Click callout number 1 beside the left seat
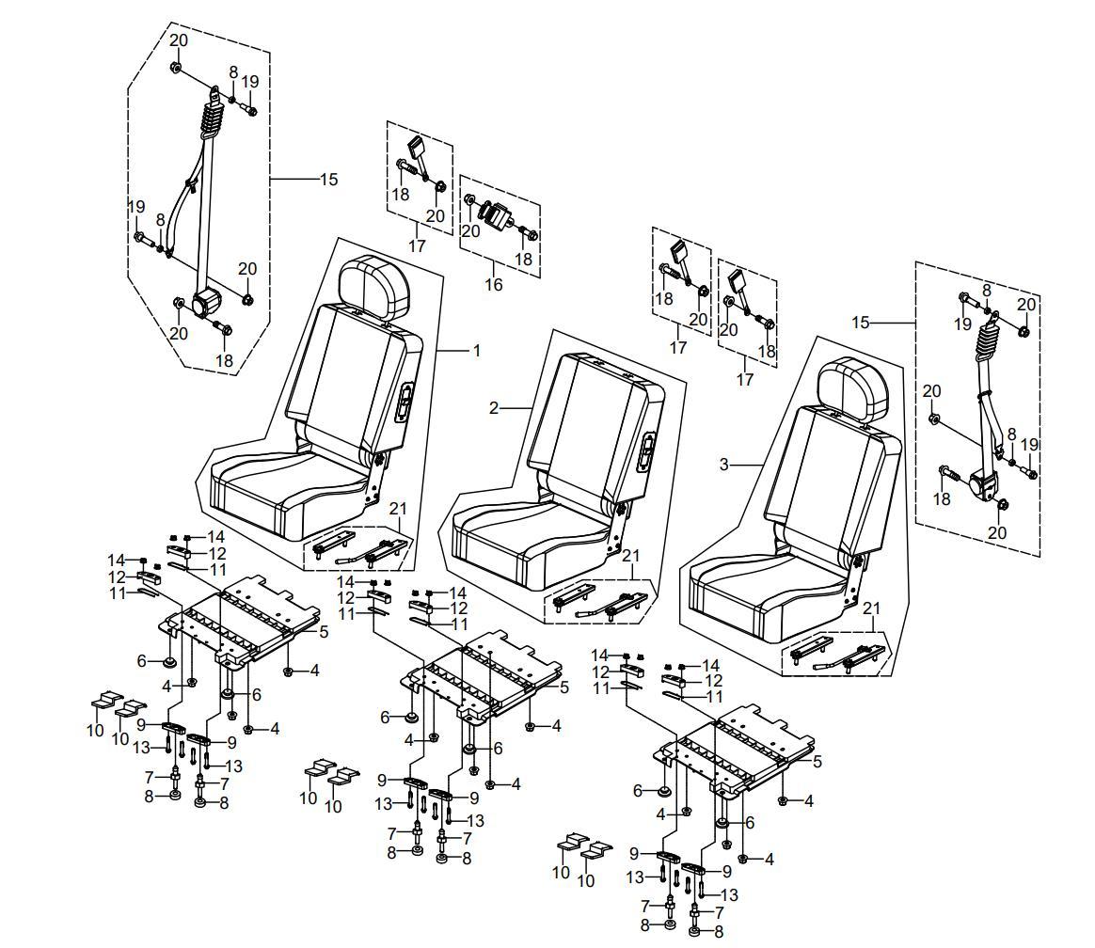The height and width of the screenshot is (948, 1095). (x=476, y=351)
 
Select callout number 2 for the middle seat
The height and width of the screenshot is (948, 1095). (x=494, y=408)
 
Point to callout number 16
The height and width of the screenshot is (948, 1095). (x=494, y=284)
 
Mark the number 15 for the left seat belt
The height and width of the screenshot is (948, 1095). (x=328, y=179)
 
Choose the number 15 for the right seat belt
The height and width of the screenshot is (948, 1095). (x=861, y=323)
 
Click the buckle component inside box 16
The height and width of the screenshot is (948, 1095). (x=498, y=213)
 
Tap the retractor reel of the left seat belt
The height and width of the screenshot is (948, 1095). (x=206, y=303)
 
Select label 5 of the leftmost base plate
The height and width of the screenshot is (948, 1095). (x=324, y=632)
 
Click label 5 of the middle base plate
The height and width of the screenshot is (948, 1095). (x=564, y=687)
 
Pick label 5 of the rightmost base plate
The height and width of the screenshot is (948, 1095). (x=817, y=762)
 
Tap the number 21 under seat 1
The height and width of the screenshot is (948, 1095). (x=399, y=510)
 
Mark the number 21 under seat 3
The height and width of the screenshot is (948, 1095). (x=872, y=608)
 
